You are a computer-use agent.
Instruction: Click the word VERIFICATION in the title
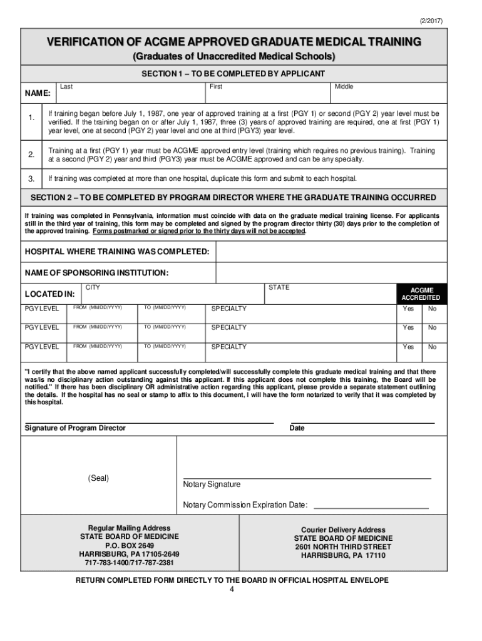click(86, 43)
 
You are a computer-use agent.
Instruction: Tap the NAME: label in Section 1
click(38, 93)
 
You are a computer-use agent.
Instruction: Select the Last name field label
click(65, 86)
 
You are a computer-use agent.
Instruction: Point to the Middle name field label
click(344, 86)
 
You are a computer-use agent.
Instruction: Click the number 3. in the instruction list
click(31, 179)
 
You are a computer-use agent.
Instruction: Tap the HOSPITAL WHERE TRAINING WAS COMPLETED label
click(116, 252)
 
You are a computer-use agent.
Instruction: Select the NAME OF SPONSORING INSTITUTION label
click(96, 274)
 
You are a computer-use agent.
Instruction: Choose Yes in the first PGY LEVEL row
click(408, 309)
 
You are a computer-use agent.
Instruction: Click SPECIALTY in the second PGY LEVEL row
click(229, 327)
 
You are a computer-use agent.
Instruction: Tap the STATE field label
click(279, 288)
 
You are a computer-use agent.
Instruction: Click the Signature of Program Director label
click(75, 428)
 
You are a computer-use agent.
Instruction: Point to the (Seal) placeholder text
click(98, 478)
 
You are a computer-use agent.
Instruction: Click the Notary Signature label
click(212, 485)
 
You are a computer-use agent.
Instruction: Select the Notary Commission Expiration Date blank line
click(371, 505)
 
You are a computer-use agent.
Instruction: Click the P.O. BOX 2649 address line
click(129, 546)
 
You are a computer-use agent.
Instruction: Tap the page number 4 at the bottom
click(232, 590)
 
